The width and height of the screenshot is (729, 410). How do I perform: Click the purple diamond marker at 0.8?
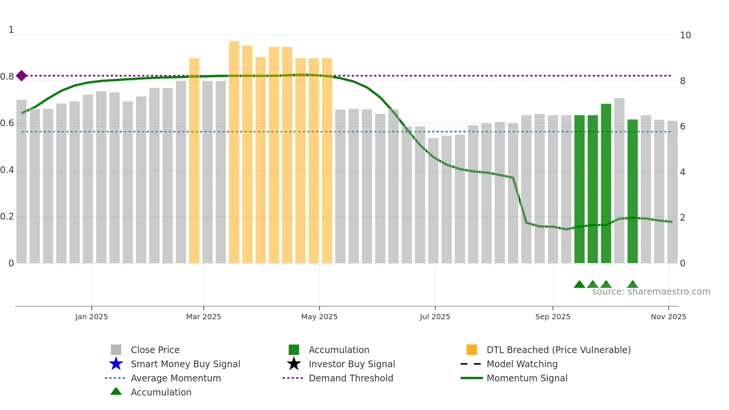click(22, 76)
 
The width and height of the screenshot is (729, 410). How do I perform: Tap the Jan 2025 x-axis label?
click(91, 317)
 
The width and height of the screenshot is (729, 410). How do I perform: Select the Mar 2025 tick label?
click(203, 317)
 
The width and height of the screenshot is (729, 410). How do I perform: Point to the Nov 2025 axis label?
click(668, 317)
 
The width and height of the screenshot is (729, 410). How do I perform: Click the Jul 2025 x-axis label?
click(435, 317)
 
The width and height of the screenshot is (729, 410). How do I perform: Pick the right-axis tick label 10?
click(685, 35)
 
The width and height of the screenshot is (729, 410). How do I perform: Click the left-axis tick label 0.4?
click(7, 170)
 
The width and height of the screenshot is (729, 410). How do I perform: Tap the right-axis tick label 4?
click(683, 172)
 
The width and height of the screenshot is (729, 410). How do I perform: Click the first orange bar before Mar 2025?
click(194, 160)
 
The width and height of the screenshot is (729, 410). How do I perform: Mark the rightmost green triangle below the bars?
click(632, 285)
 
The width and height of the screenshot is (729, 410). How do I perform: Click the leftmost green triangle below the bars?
click(579, 285)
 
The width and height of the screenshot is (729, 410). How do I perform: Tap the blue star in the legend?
click(116, 364)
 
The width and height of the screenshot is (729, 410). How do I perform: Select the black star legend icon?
click(294, 364)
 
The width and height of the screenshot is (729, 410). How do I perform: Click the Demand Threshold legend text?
click(351, 378)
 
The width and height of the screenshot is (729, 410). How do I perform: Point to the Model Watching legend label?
click(522, 364)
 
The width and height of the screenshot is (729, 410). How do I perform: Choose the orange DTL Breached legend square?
click(472, 350)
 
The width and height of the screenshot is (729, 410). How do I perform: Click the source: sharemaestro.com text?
click(651, 292)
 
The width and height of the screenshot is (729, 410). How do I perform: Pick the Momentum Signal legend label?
click(527, 378)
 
